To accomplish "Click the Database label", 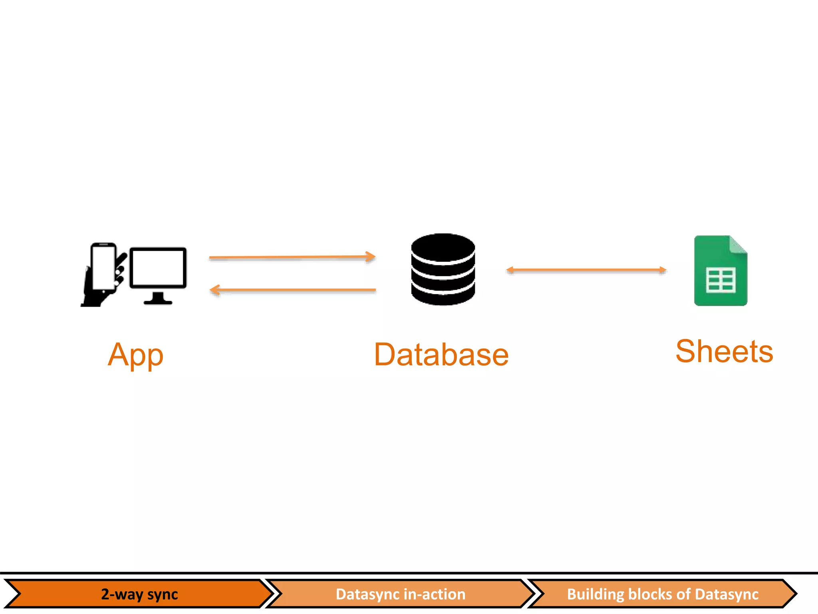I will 441,355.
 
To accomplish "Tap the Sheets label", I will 724,351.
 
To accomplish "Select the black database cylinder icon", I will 443,270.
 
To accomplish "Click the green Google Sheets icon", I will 721,271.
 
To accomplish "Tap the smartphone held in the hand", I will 103,267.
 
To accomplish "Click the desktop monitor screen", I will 158,267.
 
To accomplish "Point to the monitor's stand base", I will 158,302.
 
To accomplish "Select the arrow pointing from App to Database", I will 292,257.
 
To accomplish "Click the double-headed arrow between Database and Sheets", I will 586,270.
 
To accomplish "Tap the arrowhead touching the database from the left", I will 371,257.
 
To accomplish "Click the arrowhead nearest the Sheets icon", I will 662,270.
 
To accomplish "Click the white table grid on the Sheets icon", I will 721,280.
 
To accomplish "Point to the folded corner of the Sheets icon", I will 738,245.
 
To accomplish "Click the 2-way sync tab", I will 139,594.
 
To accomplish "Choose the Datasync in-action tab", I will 401,594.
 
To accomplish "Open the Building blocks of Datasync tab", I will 662,594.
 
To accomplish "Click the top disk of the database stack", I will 443,246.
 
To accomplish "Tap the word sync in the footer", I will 162,594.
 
